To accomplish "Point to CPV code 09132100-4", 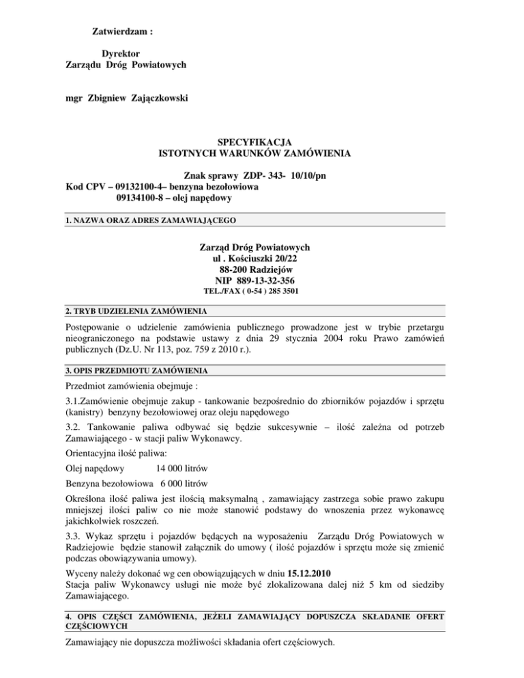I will point(139,187).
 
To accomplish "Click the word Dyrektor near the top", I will point(121,53).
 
